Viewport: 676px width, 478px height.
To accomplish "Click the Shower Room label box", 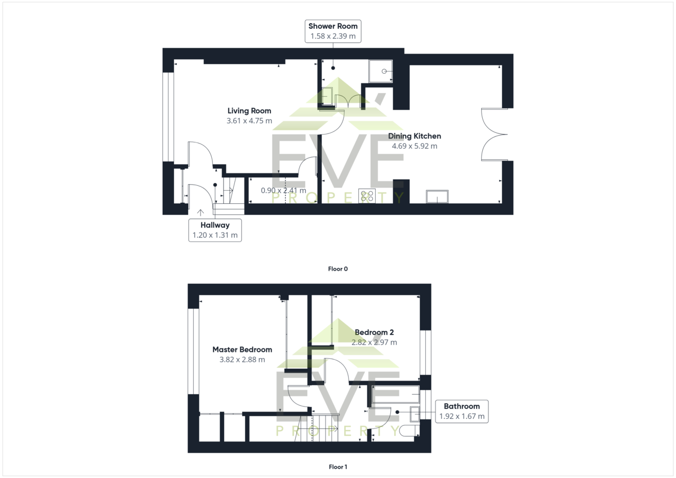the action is [x=333, y=31].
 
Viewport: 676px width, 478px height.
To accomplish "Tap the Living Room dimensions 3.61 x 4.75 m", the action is [x=249, y=121].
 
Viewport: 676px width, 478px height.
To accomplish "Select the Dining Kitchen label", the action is [x=415, y=136].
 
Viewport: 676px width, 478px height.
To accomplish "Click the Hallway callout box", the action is [x=215, y=230].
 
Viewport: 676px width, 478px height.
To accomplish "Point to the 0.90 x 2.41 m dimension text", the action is [x=283, y=191].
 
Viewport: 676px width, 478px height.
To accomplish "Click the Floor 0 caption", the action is [x=337, y=269].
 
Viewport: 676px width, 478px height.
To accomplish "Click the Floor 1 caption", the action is [x=337, y=467].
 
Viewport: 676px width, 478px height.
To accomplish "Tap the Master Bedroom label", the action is [x=242, y=350].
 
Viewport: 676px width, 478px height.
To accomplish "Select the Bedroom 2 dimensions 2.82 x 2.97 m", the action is [x=374, y=342].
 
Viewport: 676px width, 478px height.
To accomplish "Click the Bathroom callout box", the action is [x=462, y=412].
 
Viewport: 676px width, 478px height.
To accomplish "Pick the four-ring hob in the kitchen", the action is [x=367, y=196].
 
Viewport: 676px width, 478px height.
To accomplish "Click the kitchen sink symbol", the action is [x=437, y=196].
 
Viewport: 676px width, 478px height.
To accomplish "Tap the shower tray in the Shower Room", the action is [x=381, y=71].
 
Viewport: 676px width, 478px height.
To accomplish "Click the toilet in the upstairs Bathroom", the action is [x=409, y=430].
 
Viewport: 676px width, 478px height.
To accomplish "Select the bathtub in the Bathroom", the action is [x=395, y=394].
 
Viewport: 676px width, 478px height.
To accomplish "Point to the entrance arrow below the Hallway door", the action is [x=201, y=213].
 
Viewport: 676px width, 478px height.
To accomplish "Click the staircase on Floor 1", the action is [x=316, y=428].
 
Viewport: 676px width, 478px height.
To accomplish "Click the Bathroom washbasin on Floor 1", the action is [x=415, y=414].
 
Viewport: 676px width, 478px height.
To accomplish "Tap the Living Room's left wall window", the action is [x=168, y=117].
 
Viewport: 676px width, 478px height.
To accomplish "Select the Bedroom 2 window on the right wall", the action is [x=425, y=352].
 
